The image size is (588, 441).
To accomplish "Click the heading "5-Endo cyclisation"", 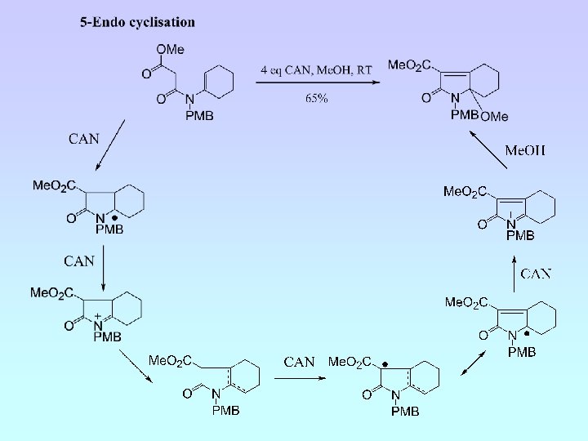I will click(137, 22).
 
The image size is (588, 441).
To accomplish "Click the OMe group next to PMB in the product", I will click(495, 117).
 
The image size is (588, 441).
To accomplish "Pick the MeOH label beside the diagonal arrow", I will click(525, 150).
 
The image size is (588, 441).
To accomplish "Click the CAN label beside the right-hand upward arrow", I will click(536, 274).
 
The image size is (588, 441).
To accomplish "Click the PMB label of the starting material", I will click(199, 116).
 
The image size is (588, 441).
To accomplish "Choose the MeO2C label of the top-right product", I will click(411, 65).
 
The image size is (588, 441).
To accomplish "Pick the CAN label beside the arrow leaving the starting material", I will click(84, 138).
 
